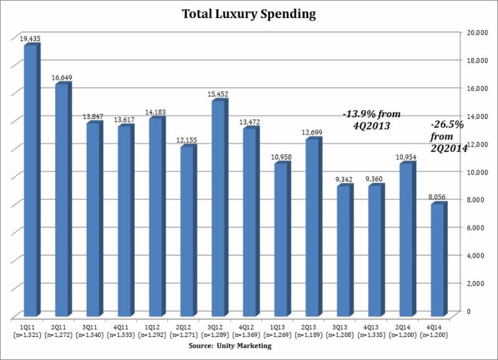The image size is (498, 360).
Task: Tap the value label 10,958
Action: [x=281, y=157]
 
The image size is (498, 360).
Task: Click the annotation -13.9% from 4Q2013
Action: [x=371, y=120]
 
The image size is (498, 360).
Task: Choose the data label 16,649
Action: [x=63, y=78]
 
